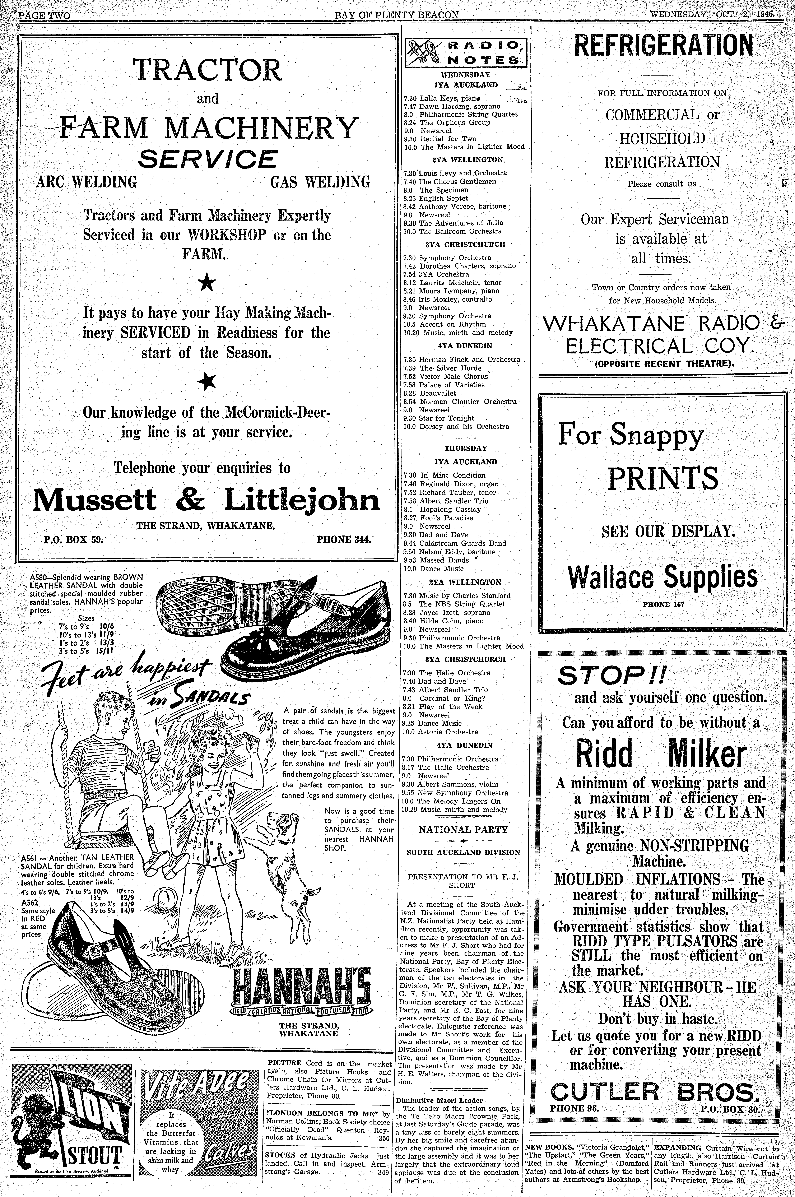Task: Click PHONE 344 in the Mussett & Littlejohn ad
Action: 344,539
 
